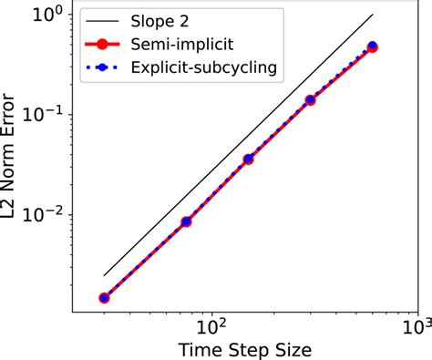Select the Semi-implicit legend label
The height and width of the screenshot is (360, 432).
[190, 42]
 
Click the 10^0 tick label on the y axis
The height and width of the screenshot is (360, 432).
[46, 14]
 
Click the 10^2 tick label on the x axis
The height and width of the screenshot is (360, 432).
[211, 324]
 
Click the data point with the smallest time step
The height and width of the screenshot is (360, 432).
[104, 297]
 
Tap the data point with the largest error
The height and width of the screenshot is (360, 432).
[372, 46]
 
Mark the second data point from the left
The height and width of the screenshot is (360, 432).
[186, 221]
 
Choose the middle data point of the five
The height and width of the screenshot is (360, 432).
[248, 159]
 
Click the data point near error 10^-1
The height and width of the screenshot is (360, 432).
[310, 100]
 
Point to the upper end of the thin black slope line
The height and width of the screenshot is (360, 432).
[373, 14]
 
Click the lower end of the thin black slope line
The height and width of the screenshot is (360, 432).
[104, 274]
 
